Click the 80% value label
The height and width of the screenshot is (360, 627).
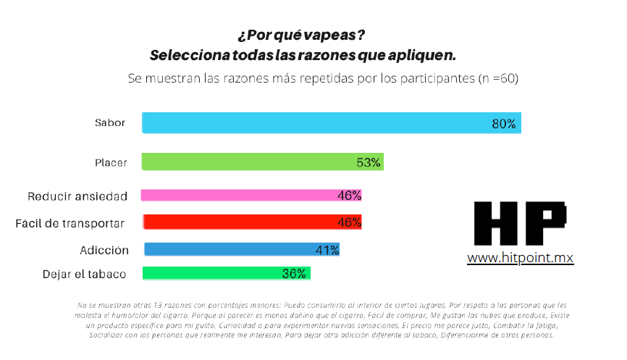pyautogui.click(x=503, y=124)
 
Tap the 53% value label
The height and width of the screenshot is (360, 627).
pyautogui.click(x=369, y=162)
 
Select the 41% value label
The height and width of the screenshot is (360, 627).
pyautogui.click(x=327, y=250)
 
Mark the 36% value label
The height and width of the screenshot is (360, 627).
pyautogui.click(x=294, y=274)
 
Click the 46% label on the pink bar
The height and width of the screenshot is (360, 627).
pyautogui.click(x=349, y=195)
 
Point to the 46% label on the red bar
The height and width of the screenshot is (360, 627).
pyautogui.click(x=349, y=222)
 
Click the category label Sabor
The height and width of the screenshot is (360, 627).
pyautogui.click(x=110, y=123)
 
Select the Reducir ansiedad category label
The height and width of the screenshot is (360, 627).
pyautogui.click(x=77, y=196)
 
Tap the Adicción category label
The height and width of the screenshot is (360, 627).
pyautogui.click(x=104, y=251)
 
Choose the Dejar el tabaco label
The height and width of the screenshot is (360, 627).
pyautogui.click(x=85, y=275)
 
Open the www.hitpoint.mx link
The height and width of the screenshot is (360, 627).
pyautogui.click(x=521, y=258)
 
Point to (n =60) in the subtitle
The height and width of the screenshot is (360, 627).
pyautogui.click(x=498, y=78)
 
